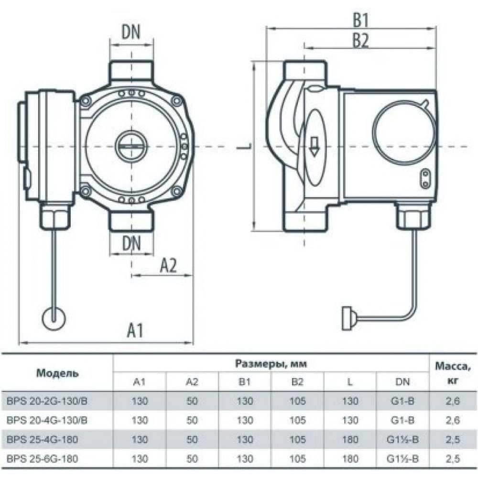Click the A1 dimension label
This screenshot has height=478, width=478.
click(x=136, y=330)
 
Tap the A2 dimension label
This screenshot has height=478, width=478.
click(x=168, y=265)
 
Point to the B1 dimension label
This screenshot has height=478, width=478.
click(x=362, y=21)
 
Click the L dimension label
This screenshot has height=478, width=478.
click(x=242, y=145)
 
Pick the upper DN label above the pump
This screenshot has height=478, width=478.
click(x=131, y=33)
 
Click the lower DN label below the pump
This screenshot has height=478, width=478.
click(x=131, y=244)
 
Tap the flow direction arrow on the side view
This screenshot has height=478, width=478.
click(x=315, y=145)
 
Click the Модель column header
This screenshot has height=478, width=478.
click(x=57, y=373)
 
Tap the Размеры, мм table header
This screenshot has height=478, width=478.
click(x=271, y=364)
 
